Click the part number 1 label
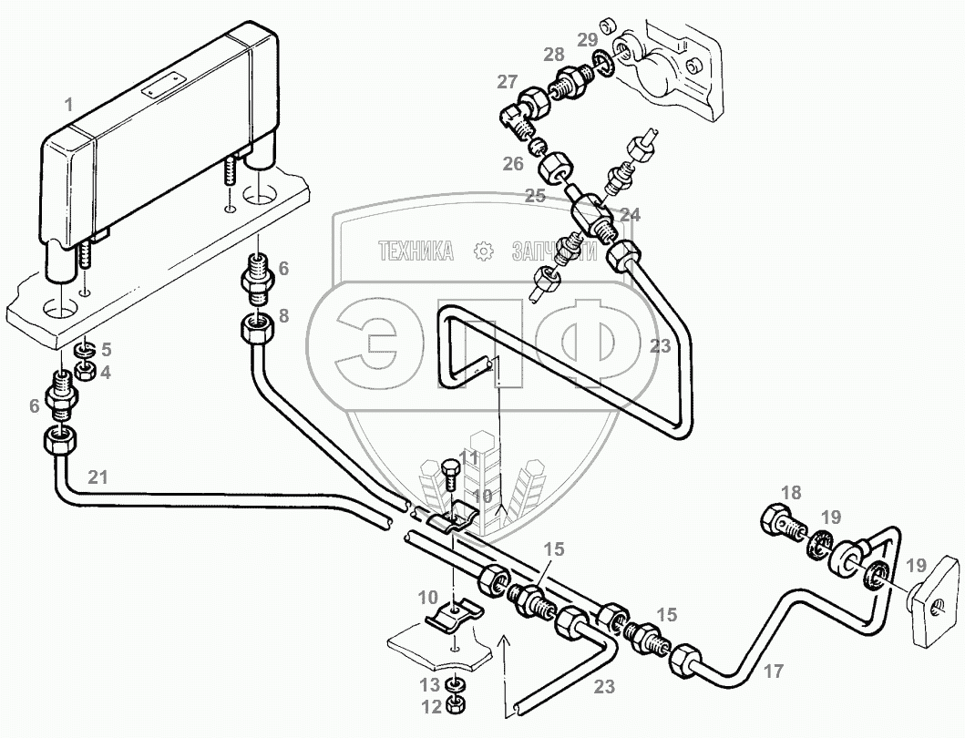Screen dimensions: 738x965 [x=68, y=106]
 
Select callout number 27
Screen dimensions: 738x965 [x=507, y=82]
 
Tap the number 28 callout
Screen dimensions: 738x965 [x=554, y=56]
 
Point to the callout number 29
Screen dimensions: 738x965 [x=587, y=39]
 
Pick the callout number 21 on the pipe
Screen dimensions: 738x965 [x=98, y=476]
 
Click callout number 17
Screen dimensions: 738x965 [x=773, y=672]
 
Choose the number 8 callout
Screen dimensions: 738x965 [x=283, y=316]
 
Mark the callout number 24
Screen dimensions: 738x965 [x=631, y=216]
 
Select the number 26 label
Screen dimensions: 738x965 [x=513, y=165]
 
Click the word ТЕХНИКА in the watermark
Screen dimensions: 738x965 [x=416, y=251]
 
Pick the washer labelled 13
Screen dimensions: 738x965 [x=454, y=684]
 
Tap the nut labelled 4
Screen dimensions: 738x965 [x=84, y=371]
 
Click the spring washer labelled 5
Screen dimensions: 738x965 [x=83, y=350]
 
